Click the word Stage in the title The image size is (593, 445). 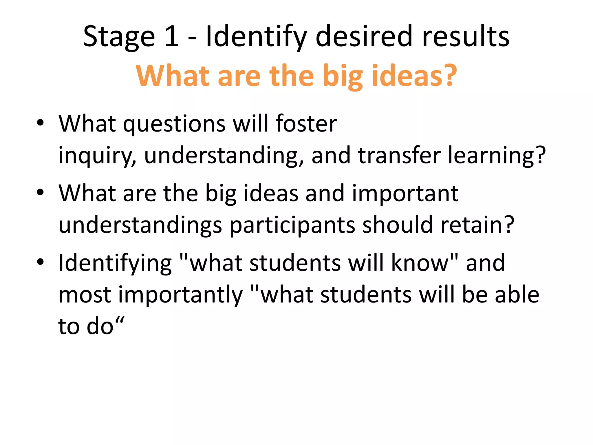pos(119,37)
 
